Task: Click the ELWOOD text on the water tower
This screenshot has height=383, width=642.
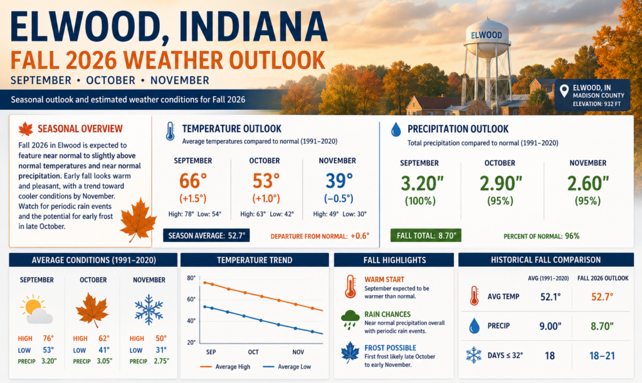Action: coord(487,35)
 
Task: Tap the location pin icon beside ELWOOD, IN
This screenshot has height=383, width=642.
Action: coord(564,90)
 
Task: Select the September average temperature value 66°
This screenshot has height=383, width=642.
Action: coord(193,181)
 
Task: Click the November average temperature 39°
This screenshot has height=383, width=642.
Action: coord(339,181)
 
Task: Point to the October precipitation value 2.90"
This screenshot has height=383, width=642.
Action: coord(501,183)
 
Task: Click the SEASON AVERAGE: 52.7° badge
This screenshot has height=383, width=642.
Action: coord(206,235)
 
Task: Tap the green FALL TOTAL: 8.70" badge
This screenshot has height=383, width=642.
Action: coord(426,235)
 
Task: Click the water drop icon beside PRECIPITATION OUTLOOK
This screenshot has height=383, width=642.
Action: coord(396,129)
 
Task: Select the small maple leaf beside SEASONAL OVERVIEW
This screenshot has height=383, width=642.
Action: coord(25,129)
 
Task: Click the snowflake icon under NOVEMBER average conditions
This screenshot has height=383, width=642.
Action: coord(149,310)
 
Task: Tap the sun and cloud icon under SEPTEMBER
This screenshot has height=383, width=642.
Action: coord(36,310)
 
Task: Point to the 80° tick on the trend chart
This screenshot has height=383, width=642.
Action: coord(191,278)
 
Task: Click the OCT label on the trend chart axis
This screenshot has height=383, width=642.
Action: coord(253,352)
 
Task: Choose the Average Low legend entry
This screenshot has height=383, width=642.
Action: coord(287,367)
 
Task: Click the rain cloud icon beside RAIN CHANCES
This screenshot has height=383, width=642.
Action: coord(350,320)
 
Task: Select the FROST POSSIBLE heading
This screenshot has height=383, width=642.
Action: coord(390,348)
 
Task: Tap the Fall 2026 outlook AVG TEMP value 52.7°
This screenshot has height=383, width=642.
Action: coord(603,296)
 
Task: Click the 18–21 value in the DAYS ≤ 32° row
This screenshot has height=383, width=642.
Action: coord(602,355)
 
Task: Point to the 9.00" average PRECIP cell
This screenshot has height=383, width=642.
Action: coord(550,326)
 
